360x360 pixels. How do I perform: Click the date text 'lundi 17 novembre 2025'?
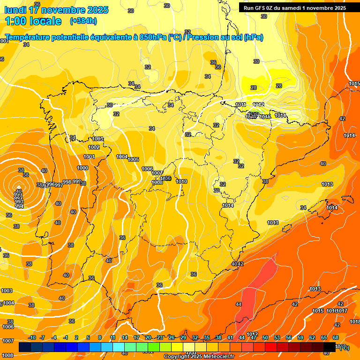[56, 10]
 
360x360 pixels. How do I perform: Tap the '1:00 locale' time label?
[33, 21]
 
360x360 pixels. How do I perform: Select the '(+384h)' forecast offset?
[83, 21]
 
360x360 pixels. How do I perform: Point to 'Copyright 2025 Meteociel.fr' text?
[199, 357]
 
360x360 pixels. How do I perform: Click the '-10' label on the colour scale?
[32, 337]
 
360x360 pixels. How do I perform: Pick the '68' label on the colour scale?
[336, 337]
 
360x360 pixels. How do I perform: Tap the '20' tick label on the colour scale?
[148, 337]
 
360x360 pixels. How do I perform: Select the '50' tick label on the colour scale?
[265, 337]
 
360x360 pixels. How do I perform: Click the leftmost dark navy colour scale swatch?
[25, 347]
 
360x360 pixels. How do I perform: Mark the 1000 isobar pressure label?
[82, 168]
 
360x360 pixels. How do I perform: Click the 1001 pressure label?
[89, 157]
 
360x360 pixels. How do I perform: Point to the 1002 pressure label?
[94, 147]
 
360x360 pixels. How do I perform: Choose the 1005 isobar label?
[134, 160]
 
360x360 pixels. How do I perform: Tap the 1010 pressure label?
[182, 181]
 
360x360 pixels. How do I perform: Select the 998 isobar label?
[67, 182]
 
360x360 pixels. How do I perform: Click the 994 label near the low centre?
[19, 206]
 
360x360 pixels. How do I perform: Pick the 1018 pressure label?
[355, 322]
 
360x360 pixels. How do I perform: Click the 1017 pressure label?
[342, 311]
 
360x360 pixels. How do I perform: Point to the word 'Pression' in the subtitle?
[204, 37]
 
